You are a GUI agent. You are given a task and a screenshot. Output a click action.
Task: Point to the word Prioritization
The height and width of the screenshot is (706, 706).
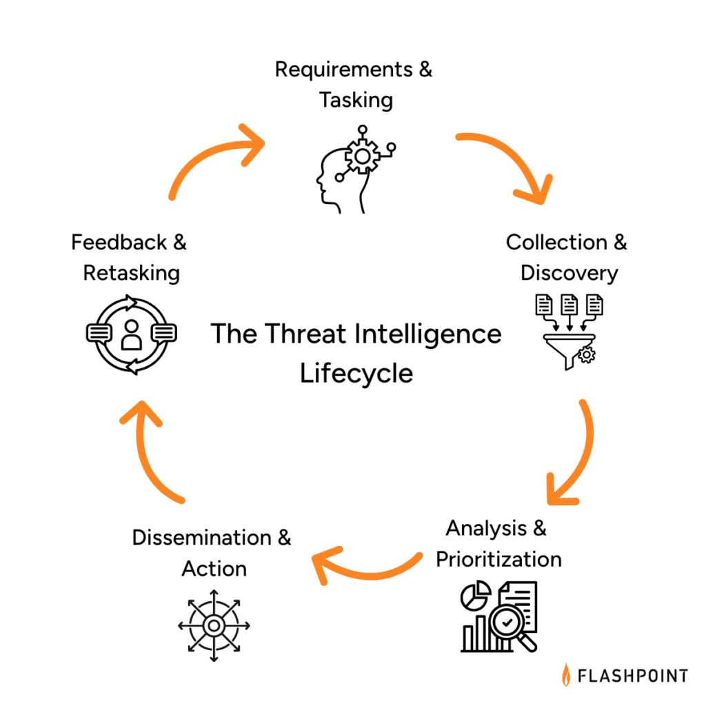(x=498, y=558)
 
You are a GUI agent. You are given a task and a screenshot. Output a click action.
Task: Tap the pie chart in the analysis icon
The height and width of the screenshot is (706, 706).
(x=475, y=594)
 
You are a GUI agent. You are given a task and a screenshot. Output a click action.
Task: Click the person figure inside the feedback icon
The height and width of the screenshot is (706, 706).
(x=131, y=334)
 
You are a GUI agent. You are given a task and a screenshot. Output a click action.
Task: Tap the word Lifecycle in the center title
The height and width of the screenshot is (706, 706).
(x=356, y=373)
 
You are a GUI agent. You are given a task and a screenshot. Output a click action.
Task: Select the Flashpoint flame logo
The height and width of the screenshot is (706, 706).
(x=566, y=674)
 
